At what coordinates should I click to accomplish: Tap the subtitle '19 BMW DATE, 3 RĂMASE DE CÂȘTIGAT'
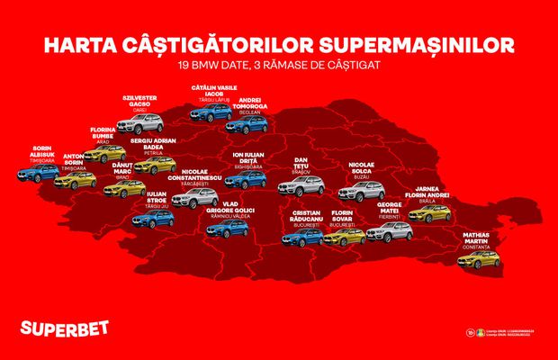click(279, 66)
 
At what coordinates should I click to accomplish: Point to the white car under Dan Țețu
click(301, 186)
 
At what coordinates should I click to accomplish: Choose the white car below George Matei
click(391, 232)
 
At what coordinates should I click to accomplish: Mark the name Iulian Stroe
click(157, 201)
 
